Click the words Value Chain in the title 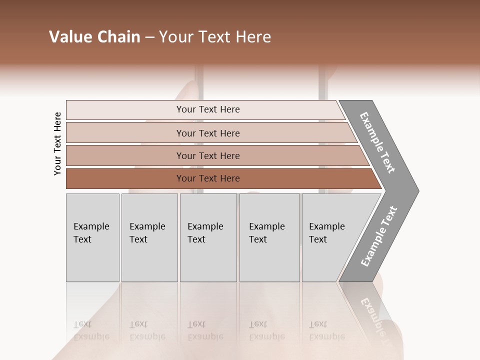pyautogui.click(x=94, y=37)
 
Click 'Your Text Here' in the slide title pyautogui.click(x=215, y=37)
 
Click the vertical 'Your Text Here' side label pyautogui.click(x=57, y=144)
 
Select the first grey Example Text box pyautogui.click(x=92, y=237)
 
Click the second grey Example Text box pyautogui.click(x=149, y=237)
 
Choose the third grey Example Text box pyautogui.click(x=208, y=237)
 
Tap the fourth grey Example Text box pyautogui.click(x=269, y=237)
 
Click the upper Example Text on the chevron pyautogui.click(x=378, y=142)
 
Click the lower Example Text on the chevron pyautogui.click(x=379, y=236)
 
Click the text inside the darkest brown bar pyautogui.click(x=208, y=178)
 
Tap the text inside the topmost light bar pyautogui.click(x=208, y=109)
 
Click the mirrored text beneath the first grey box pyautogui.click(x=91, y=330)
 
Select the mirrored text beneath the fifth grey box pyautogui.click(x=326, y=330)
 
